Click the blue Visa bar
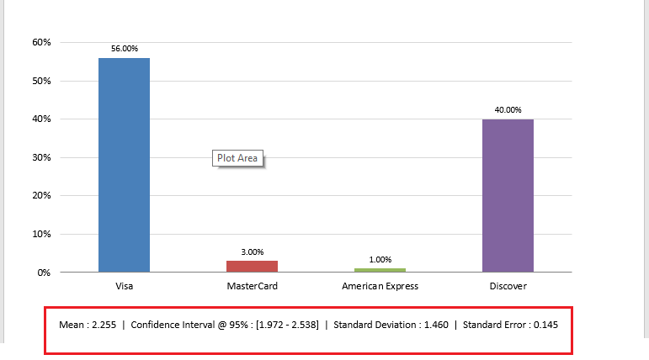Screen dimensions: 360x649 coord(124,165)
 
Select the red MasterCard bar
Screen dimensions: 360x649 coord(252,266)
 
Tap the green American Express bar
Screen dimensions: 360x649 coord(380,270)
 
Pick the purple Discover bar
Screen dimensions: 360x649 coord(508,195)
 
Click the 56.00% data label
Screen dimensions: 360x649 coord(124,49)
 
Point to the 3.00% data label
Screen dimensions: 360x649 coord(252,251)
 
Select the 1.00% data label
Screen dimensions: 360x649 coord(380,259)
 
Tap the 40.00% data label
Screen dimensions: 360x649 coord(508,110)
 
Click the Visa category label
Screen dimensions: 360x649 coord(124,286)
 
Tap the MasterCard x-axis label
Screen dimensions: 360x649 coord(252,286)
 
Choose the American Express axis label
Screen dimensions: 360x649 coord(380,286)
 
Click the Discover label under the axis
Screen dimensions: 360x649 coord(508,286)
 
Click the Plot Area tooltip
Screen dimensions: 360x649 coord(237,157)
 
